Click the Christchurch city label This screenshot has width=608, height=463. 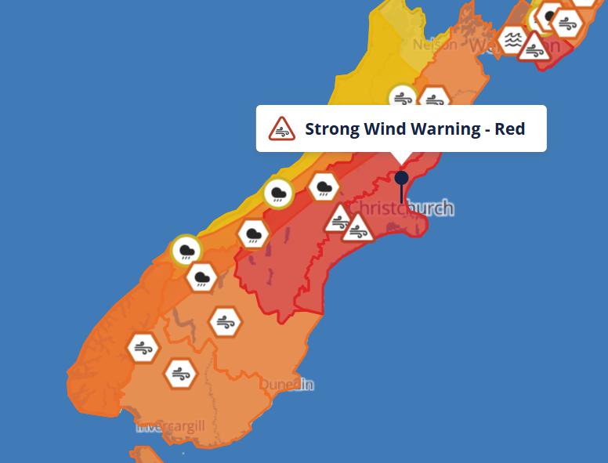click(400, 208)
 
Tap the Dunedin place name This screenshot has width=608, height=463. click(287, 385)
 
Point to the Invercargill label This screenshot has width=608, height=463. click(170, 426)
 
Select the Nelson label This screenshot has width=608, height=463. click(434, 45)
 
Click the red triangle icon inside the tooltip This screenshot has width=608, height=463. click(281, 128)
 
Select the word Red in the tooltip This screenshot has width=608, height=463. click(510, 128)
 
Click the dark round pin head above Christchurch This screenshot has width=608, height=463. click(401, 178)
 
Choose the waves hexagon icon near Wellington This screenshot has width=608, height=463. click(513, 39)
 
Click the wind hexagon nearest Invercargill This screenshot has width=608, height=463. click(179, 373)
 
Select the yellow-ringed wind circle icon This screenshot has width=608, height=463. click(403, 98)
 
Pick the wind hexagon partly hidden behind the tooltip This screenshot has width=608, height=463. click(433, 99)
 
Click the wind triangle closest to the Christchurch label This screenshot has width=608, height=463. click(358, 228)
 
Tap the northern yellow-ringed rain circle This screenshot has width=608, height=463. click(278, 193)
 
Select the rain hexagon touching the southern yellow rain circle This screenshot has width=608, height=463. click(201, 277)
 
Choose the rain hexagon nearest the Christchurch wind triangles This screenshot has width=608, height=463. click(324, 187)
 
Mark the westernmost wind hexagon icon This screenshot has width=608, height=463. click(143, 348)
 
